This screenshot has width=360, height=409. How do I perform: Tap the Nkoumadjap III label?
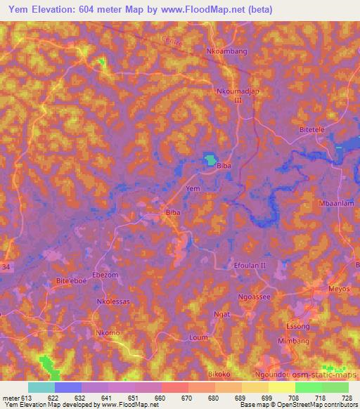[232, 96]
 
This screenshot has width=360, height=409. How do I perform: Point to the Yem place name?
[193, 189]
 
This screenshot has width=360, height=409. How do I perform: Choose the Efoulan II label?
[250, 265]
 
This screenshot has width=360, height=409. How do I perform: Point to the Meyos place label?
[339, 289]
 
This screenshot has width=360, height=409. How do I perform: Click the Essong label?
[297, 327]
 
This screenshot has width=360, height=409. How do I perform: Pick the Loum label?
[199, 337]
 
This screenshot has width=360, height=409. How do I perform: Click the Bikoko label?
[219, 375]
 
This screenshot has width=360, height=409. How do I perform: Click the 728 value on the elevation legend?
[346, 398]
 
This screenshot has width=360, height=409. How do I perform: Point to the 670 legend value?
[187, 398]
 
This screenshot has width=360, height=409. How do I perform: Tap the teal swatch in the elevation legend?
[41, 387]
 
